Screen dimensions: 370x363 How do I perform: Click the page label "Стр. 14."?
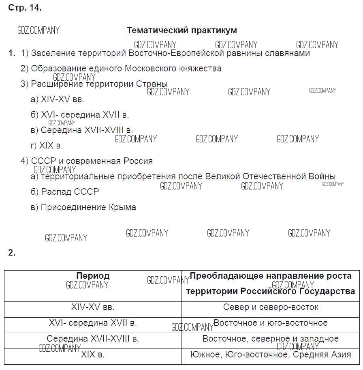(x=25, y=8)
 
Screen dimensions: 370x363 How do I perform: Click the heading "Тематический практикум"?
(x=181, y=30)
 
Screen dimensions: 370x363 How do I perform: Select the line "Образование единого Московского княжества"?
(x=126, y=69)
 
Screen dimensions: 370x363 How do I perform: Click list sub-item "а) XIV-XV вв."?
(x=58, y=99)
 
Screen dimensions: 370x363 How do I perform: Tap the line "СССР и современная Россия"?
(x=92, y=161)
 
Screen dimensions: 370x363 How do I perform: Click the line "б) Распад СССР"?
(x=65, y=191)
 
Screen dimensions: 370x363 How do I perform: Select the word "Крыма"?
(x=122, y=207)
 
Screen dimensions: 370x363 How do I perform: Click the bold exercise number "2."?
(x=12, y=253)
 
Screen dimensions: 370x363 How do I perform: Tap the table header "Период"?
(x=93, y=276)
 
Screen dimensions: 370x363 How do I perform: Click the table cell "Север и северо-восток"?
(x=271, y=307)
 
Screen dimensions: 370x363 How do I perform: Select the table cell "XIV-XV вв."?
(x=93, y=307)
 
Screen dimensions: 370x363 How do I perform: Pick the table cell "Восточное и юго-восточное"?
(x=271, y=323)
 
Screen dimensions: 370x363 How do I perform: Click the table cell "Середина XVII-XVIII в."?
(x=93, y=339)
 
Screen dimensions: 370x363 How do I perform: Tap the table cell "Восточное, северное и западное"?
(x=271, y=339)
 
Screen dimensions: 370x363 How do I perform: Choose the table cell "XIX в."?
(x=93, y=355)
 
